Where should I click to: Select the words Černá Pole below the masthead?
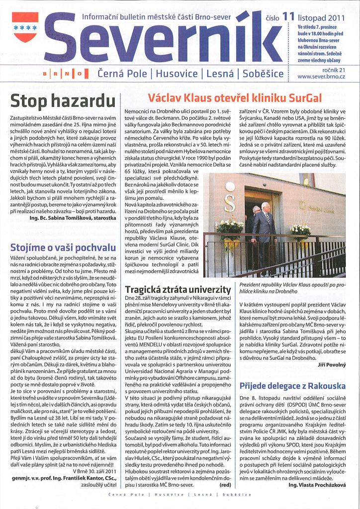pyautogui.click(x=122, y=75)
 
